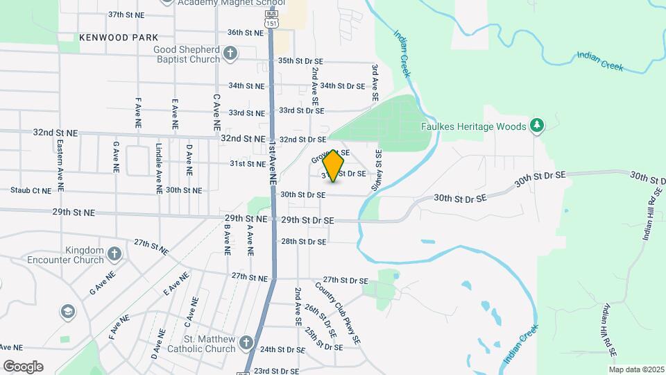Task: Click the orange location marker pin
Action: pos(334,165)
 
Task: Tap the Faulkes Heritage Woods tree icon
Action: pos(536,125)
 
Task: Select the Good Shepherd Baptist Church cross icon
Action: pos(230,53)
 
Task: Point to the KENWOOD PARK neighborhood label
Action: pos(119,37)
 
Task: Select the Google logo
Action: pos(23,366)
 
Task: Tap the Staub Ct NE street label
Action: pos(31,190)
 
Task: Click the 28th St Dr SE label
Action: pos(304,242)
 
